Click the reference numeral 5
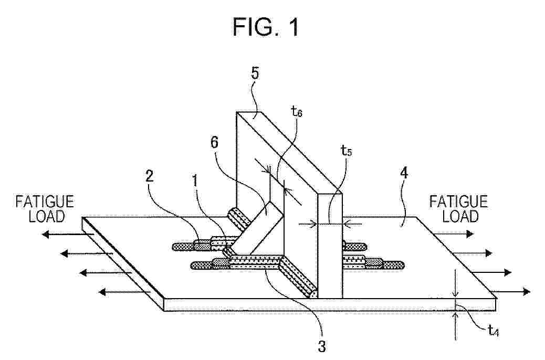(x=255, y=73)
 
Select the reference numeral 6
(x=215, y=142)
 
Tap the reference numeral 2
(x=149, y=176)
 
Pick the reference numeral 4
(x=404, y=173)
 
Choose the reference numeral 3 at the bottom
(x=322, y=346)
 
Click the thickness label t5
(x=347, y=151)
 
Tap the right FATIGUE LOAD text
(x=458, y=209)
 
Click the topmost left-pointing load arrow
(x=68, y=235)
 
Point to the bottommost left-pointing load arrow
(x=124, y=292)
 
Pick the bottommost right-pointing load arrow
(x=510, y=291)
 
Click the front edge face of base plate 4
(x=330, y=304)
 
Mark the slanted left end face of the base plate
(x=123, y=263)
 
